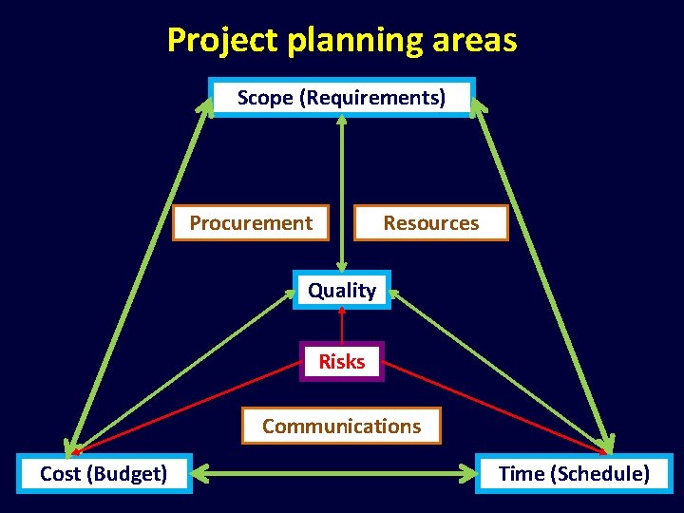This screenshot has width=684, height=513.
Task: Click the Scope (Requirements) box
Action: tap(341, 97)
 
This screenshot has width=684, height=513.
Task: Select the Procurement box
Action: tap(250, 223)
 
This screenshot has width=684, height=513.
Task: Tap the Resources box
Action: tap(430, 223)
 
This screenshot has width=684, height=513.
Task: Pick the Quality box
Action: tap(342, 291)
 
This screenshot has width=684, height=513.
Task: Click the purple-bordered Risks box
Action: tap(342, 362)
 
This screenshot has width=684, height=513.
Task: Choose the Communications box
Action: tap(341, 427)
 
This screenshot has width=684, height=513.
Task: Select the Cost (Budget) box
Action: tap(104, 473)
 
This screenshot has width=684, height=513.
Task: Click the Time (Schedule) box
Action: tap(574, 473)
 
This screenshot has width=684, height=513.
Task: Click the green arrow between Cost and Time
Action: tap(332, 472)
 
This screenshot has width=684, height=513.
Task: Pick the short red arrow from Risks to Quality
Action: tap(342, 325)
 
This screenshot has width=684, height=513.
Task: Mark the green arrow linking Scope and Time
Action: tap(543, 275)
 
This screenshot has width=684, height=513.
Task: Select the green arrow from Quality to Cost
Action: tap(180, 370)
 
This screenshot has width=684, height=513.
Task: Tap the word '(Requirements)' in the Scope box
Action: tap(372, 97)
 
